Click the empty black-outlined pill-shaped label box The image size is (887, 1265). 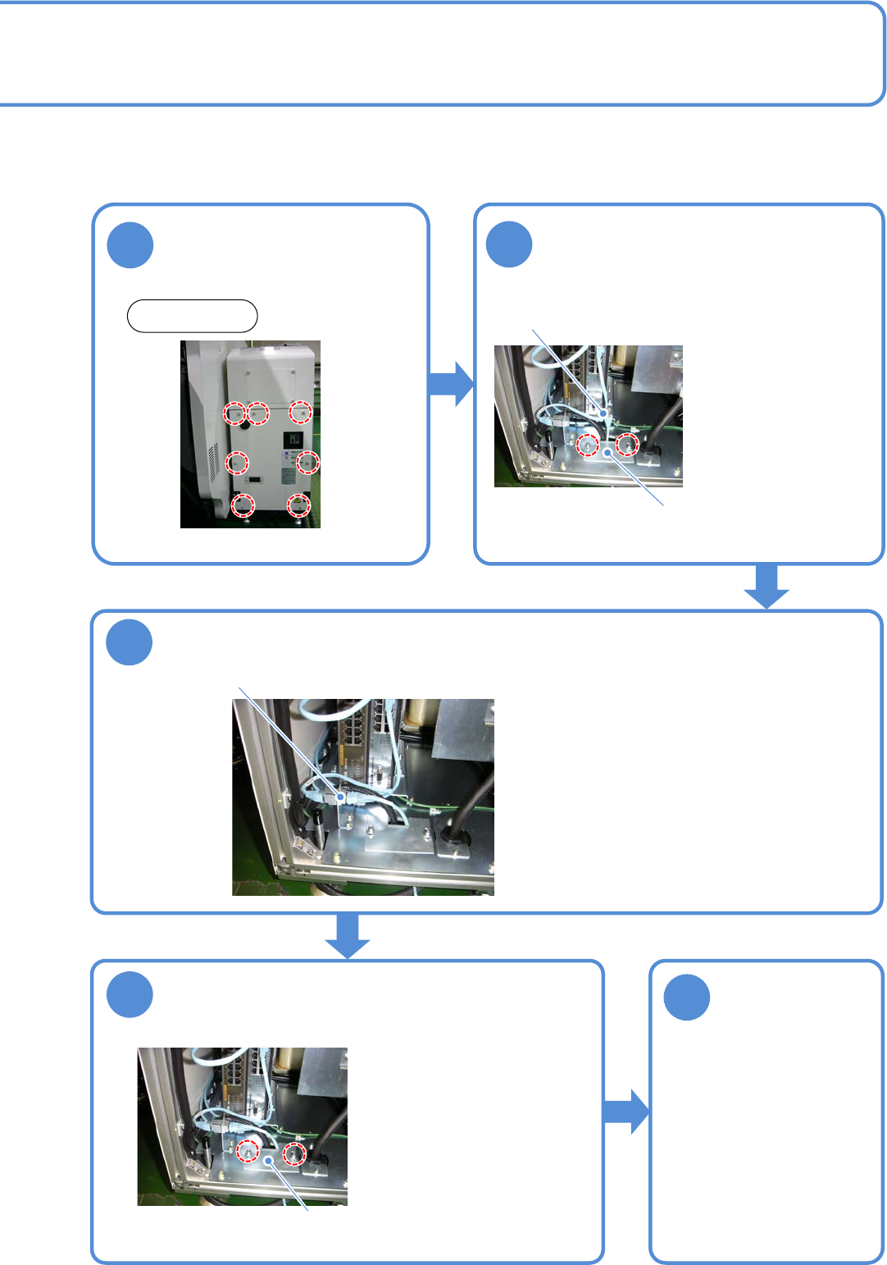[192, 316]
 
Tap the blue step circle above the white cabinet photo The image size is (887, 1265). [130, 244]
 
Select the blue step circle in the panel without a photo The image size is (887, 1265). [686, 997]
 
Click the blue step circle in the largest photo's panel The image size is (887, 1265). [130, 642]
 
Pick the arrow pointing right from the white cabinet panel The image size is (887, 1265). [451, 383]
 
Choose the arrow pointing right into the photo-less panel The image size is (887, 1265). [626, 1112]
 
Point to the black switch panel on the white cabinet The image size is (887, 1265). [293, 440]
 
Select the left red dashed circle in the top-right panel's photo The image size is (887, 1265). [587, 445]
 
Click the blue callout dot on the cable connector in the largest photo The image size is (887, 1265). [340, 796]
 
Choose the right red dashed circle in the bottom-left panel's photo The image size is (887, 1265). [293, 1154]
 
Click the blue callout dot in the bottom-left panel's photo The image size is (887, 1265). [269, 1161]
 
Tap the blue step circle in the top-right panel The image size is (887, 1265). [509, 244]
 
